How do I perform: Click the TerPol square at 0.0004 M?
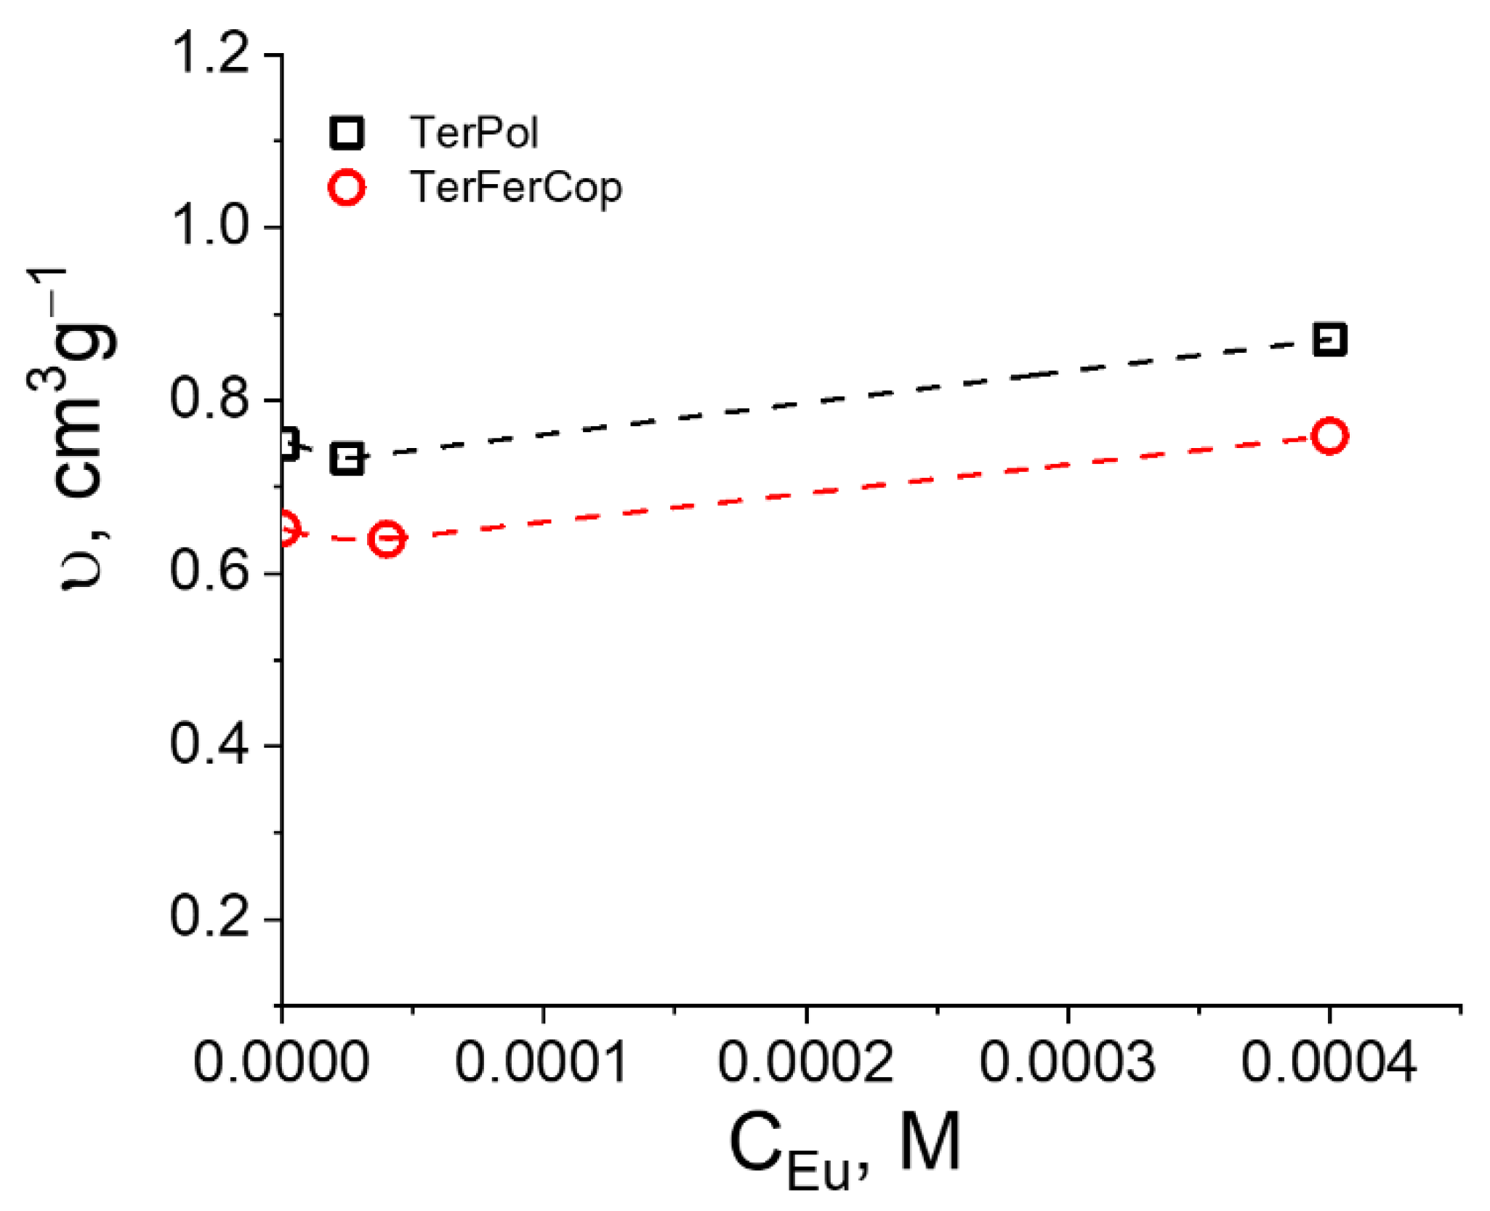(1329, 340)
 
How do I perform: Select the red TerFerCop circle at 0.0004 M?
(1329, 436)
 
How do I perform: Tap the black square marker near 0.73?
(347, 459)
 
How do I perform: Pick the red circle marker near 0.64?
(386, 539)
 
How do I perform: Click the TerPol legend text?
(474, 132)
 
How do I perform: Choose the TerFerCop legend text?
(516, 188)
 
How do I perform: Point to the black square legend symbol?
(347, 132)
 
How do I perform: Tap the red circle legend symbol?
(347, 188)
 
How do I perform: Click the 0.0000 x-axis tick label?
(281, 1063)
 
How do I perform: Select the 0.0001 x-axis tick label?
(541, 1063)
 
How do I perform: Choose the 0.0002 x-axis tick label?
(805, 1063)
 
